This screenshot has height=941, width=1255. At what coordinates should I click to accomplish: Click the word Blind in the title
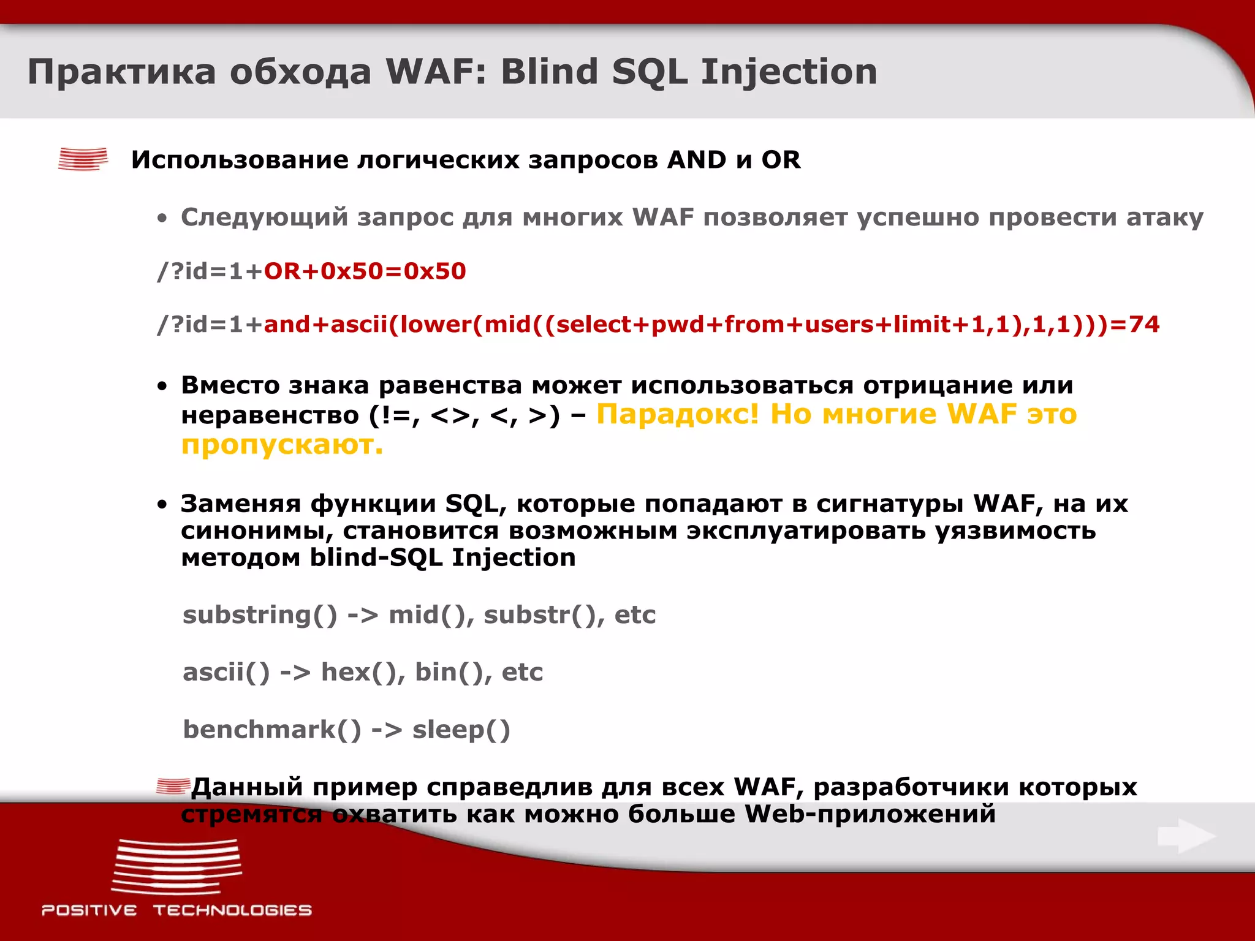[549, 72]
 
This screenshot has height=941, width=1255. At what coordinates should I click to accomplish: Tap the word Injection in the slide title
[789, 72]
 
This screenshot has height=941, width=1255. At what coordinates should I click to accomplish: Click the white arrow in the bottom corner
[1186, 836]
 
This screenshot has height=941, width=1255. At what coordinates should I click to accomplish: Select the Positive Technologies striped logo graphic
[176, 867]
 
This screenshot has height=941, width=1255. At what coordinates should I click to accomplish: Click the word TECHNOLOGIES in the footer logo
[232, 910]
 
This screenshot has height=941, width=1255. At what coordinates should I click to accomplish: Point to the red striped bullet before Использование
[83, 159]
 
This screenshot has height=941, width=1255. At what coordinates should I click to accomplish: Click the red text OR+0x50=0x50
[365, 271]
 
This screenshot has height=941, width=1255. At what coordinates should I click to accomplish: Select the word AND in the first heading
[697, 160]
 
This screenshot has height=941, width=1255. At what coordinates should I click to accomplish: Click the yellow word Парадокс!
[677, 414]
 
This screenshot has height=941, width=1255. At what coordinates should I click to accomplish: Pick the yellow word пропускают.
[282, 445]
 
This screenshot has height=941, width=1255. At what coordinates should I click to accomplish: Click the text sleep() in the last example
[461, 730]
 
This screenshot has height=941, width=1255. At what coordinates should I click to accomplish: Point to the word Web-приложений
[870, 814]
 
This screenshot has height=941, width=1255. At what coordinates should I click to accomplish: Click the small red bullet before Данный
[172, 785]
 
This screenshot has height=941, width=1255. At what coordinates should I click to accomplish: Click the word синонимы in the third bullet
[256, 531]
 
